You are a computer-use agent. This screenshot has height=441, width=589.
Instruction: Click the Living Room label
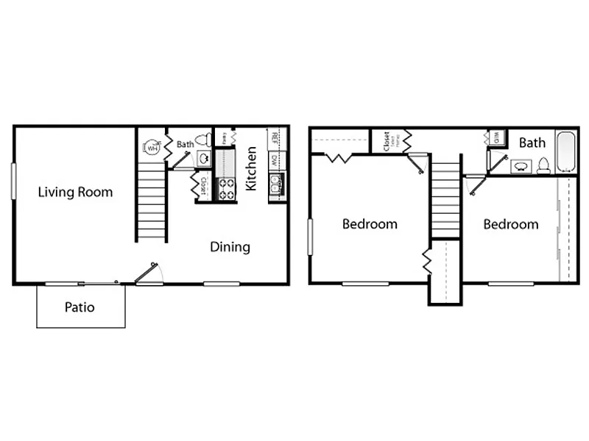(x=76, y=193)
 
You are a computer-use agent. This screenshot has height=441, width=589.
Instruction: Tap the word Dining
(x=230, y=247)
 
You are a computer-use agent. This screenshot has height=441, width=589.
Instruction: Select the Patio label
(x=80, y=307)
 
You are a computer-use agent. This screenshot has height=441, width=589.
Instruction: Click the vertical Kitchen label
(x=252, y=168)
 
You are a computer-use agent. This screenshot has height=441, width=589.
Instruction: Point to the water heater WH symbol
(x=152, y=147)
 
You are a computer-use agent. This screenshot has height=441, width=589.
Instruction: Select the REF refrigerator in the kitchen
(x=274, y=137)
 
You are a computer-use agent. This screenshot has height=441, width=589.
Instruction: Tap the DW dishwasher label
(x=274, y=159)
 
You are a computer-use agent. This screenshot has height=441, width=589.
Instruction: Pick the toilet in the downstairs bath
(x=207, y=139)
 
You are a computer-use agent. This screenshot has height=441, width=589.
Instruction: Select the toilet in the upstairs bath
(x=543, y=165)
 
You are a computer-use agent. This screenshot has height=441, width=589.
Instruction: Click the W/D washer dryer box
(x=496, y=138)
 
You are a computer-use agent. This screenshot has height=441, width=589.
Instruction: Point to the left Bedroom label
(x=370, y=224)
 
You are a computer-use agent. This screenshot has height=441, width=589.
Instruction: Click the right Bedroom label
(x=510, y=224)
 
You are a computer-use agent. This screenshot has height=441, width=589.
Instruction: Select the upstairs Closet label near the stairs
(x=387, y=141)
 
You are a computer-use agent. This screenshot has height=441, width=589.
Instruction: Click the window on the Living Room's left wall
(x=13, y=179)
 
